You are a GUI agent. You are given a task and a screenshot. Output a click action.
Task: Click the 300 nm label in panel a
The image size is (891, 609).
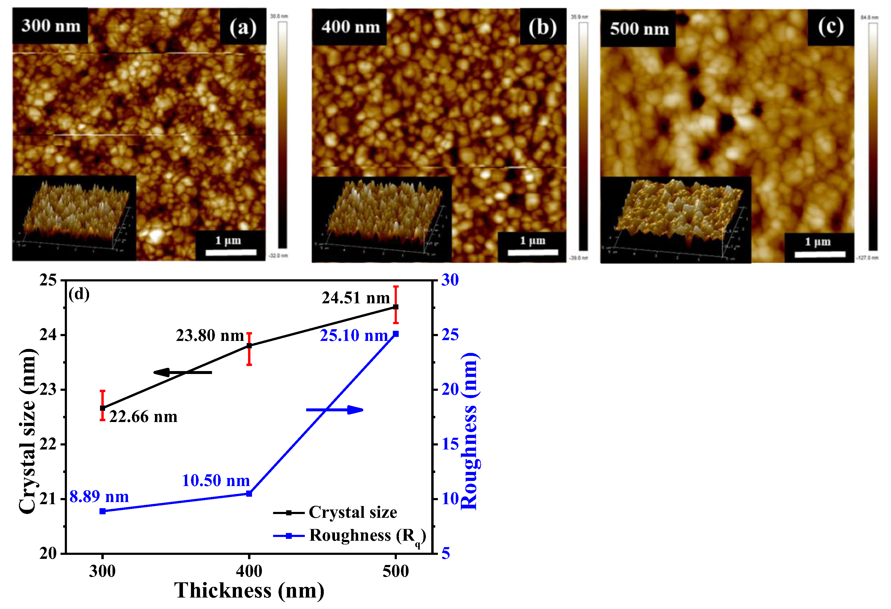point(51,26)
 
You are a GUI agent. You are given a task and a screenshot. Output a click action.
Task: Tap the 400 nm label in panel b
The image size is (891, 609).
point(350,27)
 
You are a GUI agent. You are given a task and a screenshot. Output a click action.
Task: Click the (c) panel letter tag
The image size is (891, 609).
point(830,27)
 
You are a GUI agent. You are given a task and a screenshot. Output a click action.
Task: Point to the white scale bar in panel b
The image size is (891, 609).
point(533,252)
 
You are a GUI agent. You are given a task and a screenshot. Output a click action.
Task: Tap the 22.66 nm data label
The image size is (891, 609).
point(143,417)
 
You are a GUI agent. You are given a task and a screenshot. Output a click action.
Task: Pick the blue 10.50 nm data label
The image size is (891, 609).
point(215,480)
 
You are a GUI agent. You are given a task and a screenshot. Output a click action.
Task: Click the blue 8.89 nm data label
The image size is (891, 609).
point(99,497)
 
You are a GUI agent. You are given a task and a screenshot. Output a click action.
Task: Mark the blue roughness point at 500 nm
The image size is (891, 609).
point(396,334)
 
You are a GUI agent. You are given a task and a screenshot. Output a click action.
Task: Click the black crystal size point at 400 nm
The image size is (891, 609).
point(249,345)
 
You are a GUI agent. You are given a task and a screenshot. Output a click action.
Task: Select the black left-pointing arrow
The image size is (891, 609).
point(182,372)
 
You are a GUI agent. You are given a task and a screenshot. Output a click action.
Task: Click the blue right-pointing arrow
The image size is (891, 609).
point(334,410)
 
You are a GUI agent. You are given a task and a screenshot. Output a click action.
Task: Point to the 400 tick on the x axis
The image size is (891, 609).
point(249,571)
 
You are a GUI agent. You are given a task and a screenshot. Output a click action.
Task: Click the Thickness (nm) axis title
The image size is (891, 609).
point(249,591)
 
